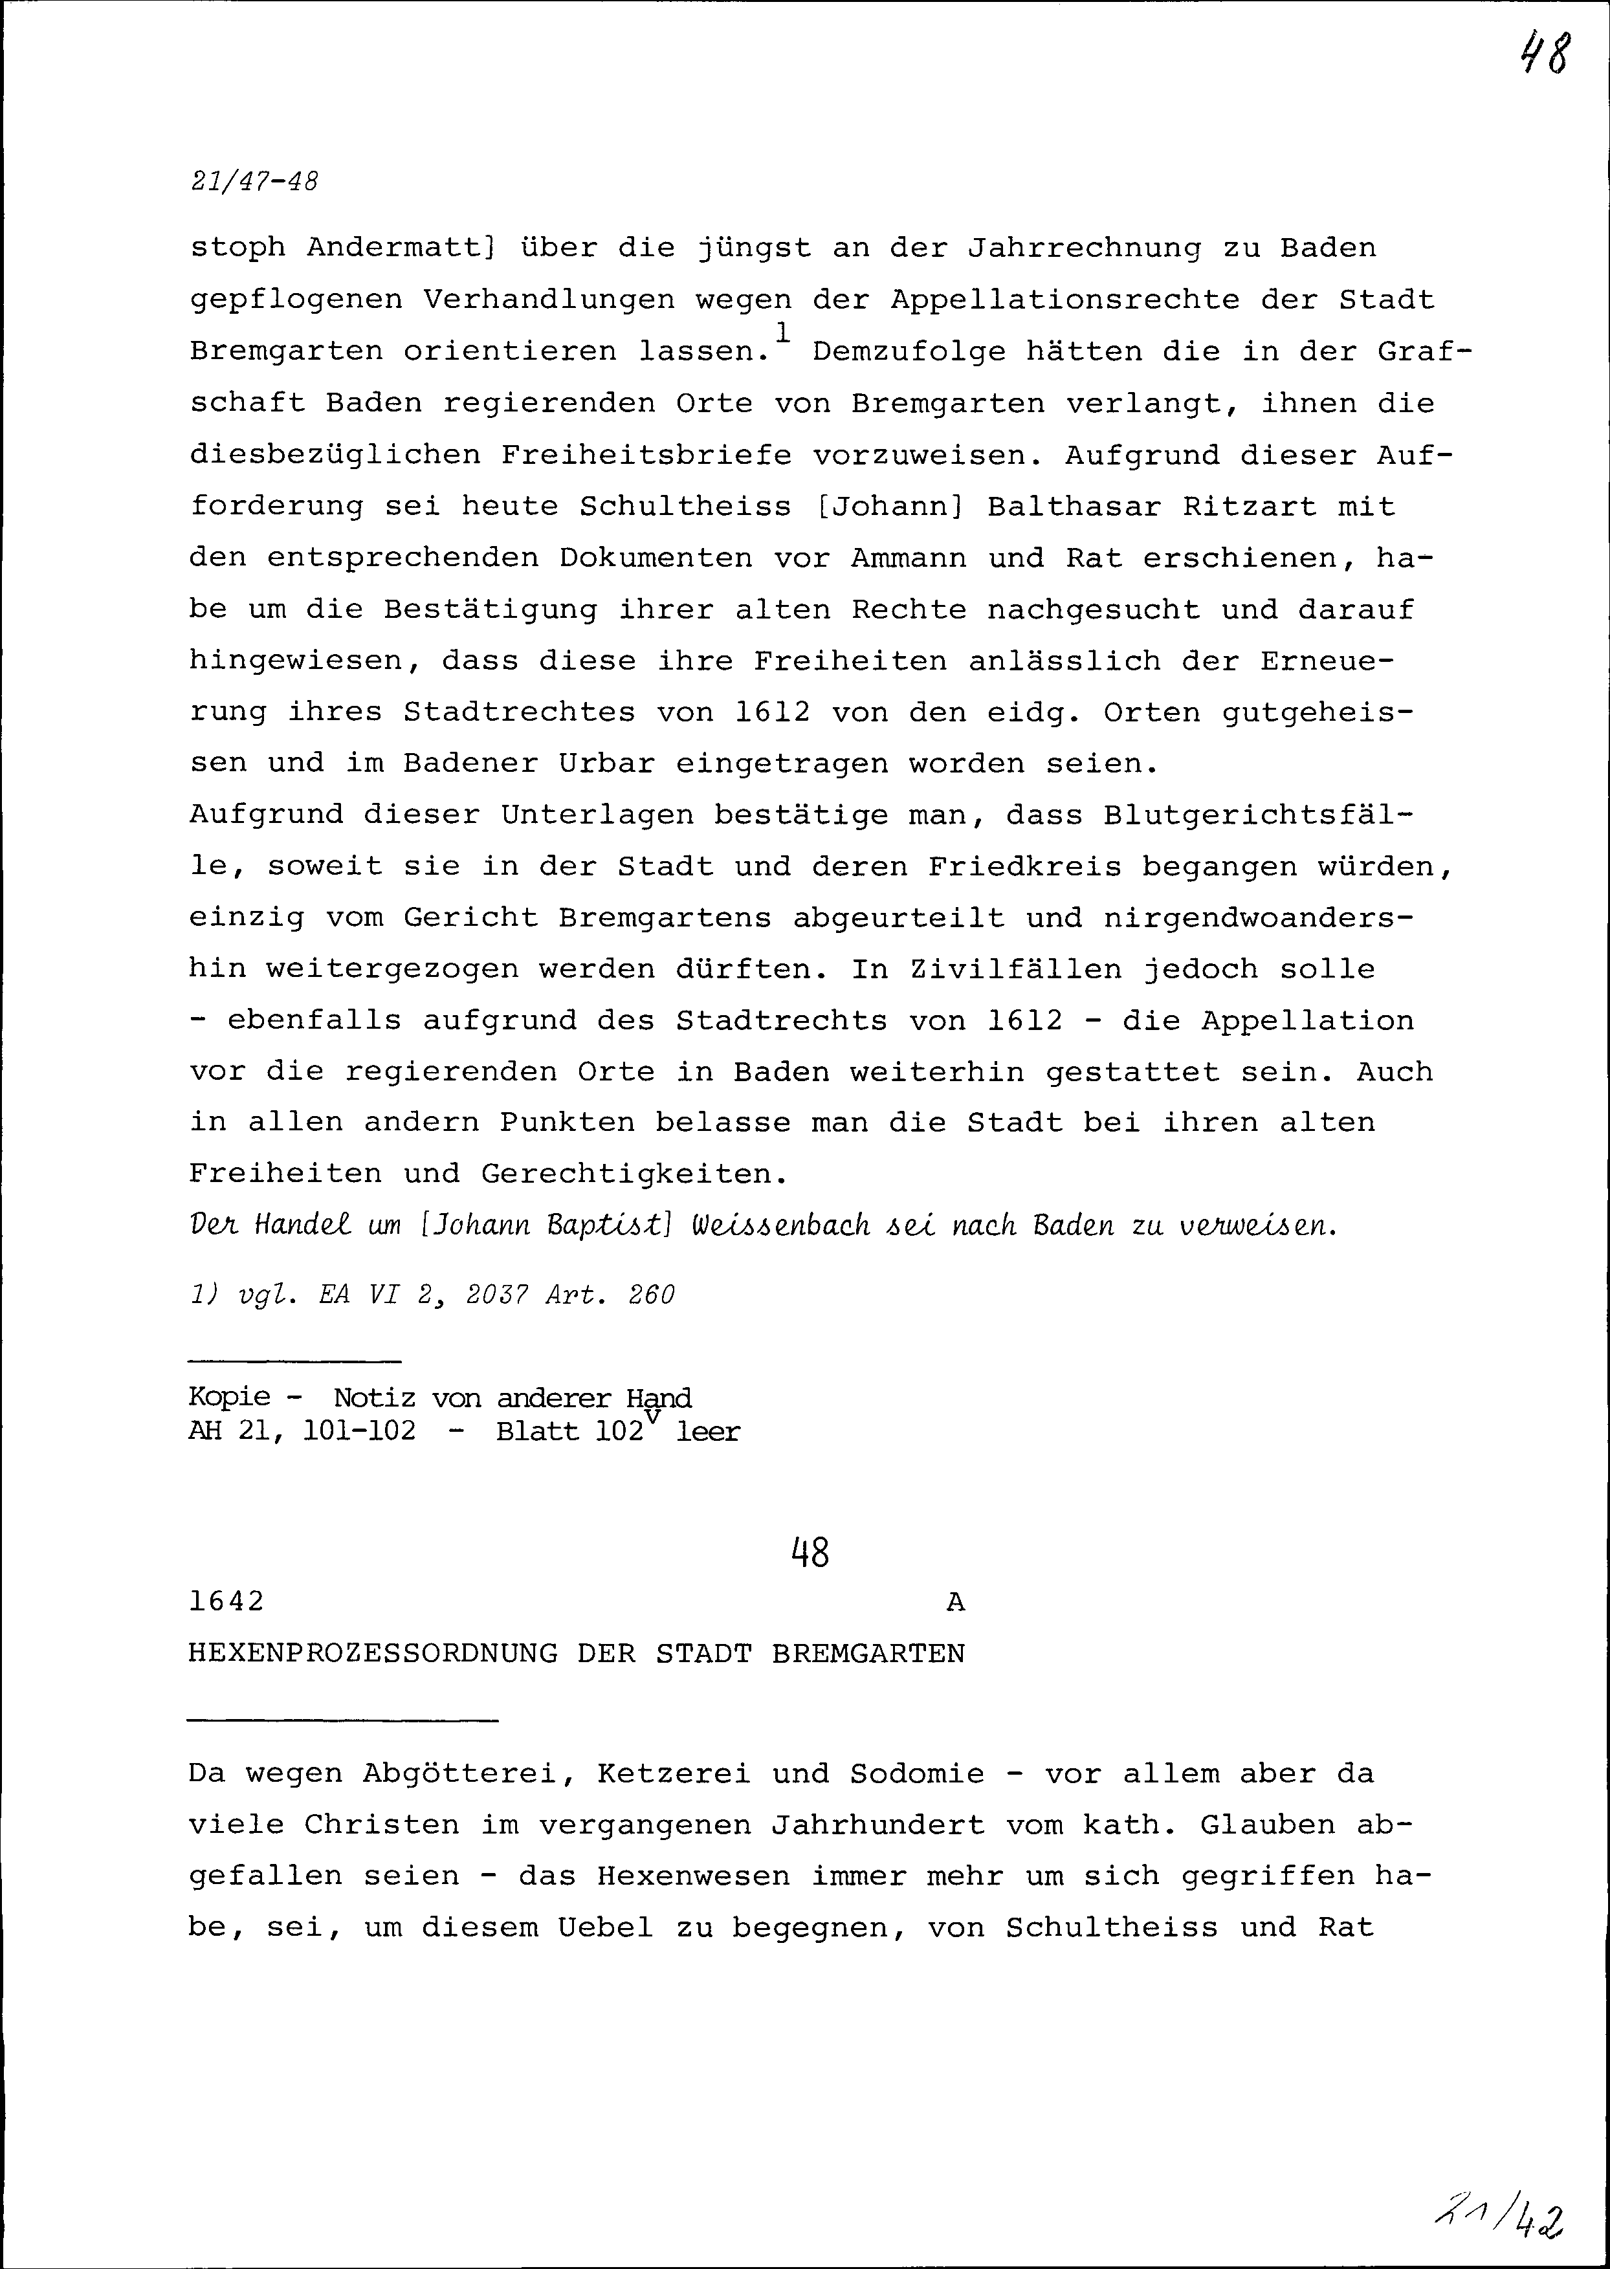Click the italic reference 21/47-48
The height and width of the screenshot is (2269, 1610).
coord(254,183)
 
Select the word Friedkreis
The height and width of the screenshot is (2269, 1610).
coord(1025,866)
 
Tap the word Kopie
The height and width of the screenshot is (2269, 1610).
coord(229,1398)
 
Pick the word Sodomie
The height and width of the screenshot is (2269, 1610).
coord(917,1773)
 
